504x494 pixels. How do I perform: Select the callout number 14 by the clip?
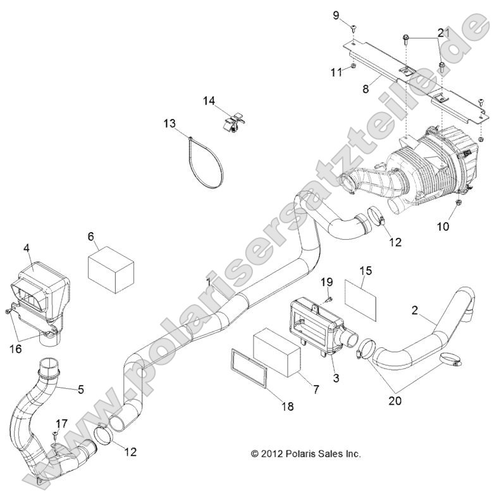(x=209, y=101)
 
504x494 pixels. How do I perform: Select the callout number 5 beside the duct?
(x=80, y=390)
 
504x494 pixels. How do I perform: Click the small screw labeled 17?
(x=56, y=435)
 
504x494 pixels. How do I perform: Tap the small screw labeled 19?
(x=329, y=298)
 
